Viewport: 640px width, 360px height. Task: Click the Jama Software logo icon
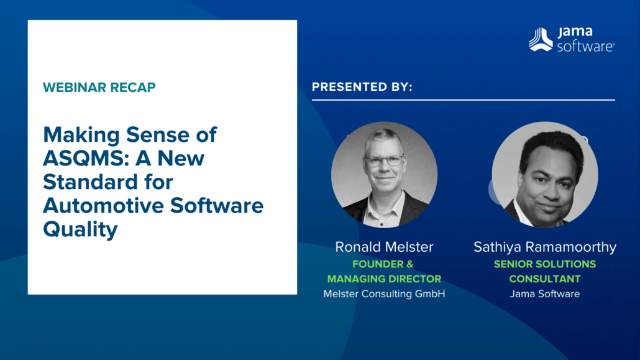point(541,40)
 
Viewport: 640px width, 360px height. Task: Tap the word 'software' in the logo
point(585,46)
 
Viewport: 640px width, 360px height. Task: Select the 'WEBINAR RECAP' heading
point(99,87)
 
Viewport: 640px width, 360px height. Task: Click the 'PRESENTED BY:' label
point(362,87)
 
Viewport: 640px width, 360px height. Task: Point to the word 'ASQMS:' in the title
point(80,159)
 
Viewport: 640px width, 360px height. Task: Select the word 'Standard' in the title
point(86,182)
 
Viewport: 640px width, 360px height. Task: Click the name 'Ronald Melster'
point(384,247)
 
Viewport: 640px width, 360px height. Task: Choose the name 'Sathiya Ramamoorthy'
point(545,247)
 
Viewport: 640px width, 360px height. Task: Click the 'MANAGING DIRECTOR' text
point(384,279)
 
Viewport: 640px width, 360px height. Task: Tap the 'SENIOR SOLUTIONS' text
point(545,264)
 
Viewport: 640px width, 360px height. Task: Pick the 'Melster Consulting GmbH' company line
point(384,293)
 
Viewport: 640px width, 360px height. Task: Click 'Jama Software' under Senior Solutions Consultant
point(545,293)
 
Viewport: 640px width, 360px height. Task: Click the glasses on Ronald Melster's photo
point(384,160)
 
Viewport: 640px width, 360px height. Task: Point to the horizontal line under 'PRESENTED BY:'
point(463,99)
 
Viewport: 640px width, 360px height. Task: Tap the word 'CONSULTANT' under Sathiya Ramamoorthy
point(545,279)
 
